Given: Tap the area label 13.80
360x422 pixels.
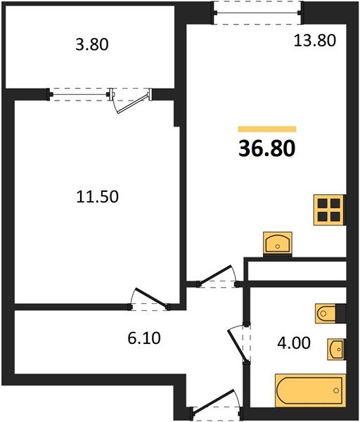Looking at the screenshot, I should [314, 40].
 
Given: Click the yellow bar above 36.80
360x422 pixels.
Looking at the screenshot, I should [267, 129].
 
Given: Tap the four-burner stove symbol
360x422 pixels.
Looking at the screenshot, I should [329, 208].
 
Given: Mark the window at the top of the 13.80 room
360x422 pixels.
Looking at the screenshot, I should [257, 11].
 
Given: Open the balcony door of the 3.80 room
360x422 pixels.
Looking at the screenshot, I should [133, 99].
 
